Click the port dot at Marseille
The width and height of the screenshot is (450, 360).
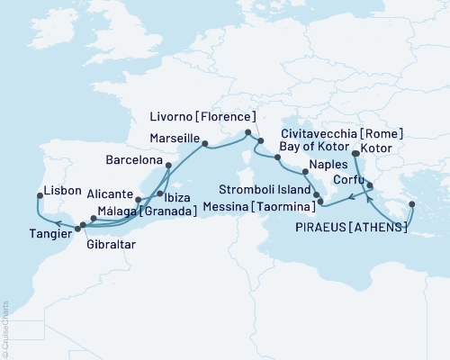[x=205, y=142]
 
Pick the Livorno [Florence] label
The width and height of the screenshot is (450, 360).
[x=204, y=116]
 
